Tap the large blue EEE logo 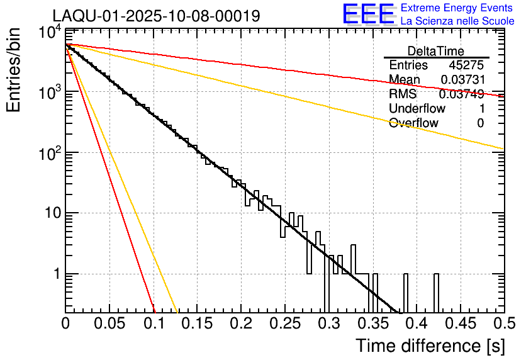(x=368, y=15)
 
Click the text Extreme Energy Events (x=457, y=8)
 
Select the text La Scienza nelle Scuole (x=457, y=21)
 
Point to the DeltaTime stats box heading (x=436, y=51)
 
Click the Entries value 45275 (x=466, y=65)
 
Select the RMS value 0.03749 (x=461, y=94)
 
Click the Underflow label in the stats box (x=417, y=108)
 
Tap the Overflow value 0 (x=480, y=123)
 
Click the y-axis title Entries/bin (x=15, y=70)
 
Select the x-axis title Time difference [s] (x=429, y=346)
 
